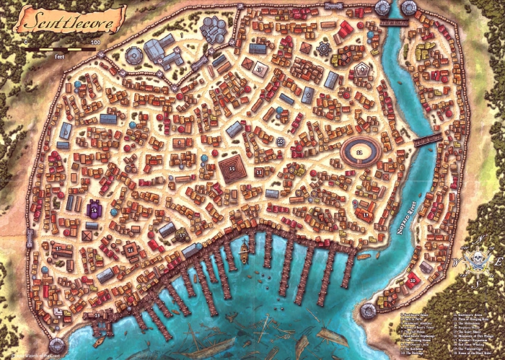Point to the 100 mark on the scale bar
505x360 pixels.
click(95, 43)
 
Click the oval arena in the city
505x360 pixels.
click(361, 152)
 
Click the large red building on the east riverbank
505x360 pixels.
click(413, 280)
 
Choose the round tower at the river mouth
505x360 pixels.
click(369, 312)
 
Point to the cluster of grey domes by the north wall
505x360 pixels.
click(214, 30)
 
